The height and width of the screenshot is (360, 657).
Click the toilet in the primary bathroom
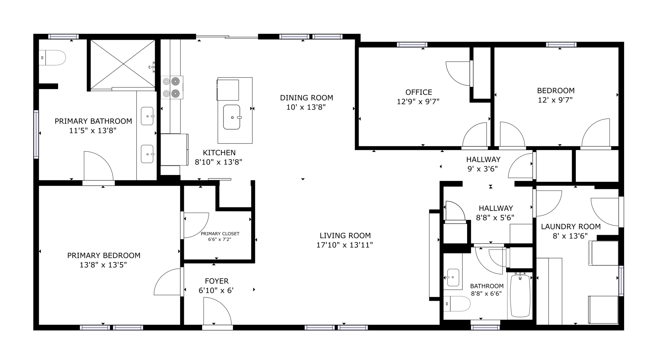click(x=52, y=58)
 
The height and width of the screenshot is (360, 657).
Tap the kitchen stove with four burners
click(x=172, y=87)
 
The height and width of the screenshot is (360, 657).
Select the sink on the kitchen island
click(x=232, y=117)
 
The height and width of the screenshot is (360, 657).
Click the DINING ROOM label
click(x=306, y=98)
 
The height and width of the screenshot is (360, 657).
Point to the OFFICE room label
click(x=419, y=92)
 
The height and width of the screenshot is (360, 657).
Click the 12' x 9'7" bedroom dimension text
click(x=555, y=100)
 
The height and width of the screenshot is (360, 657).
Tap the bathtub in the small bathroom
click(x=520, y=296)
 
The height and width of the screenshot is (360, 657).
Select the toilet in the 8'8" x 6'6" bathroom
click(x=457, y=304)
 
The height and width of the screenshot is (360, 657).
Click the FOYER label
click(x=217, y=281)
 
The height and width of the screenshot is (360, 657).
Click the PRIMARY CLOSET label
click(x=220, y=234)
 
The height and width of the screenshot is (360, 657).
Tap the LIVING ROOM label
click(x=345, y=236)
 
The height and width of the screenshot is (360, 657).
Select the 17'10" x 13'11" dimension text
click(x=345, y=245)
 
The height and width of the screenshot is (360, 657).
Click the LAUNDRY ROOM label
click(x=571, y=227)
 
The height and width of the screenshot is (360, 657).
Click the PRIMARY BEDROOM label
click(x=104, y=255)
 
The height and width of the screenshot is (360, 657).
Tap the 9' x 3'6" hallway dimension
click(x=483, y=169)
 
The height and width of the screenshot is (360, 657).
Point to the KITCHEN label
click(x=219, y=153)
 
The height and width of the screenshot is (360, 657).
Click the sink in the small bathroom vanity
click(x=453, y=277)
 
